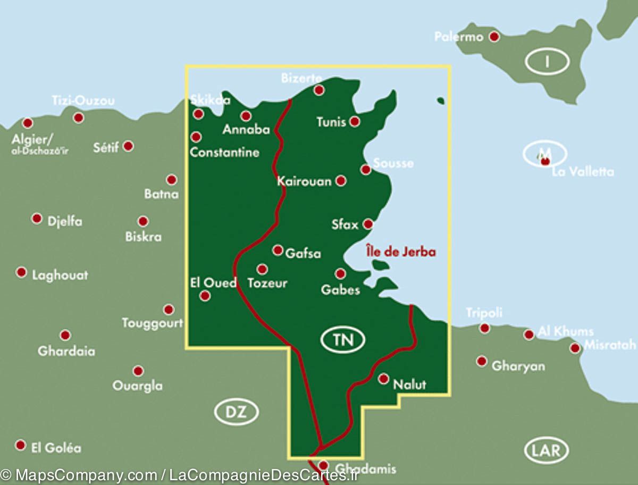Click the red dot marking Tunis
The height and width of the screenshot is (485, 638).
(355, 122)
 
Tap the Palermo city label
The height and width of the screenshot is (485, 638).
(459, 37)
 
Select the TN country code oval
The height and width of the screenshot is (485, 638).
(343, 340)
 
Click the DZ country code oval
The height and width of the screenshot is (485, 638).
(237, 412)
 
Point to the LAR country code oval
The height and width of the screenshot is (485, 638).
(547, 451)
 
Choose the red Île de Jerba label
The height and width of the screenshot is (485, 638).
(401, 251)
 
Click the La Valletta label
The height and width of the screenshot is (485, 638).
(583, 172)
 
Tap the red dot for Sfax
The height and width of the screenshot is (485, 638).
(367, 224)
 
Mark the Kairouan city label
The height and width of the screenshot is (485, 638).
(304, 181)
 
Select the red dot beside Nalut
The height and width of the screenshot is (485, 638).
(383, 379)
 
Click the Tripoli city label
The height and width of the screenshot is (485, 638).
(484, 313)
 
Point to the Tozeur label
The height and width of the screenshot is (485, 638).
(267, 283)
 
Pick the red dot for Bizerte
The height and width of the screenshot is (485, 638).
(319, 90)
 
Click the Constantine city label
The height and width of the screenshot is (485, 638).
(224, 153)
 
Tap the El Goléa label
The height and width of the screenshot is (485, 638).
(56, 448)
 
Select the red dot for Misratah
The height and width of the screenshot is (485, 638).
(575, 348)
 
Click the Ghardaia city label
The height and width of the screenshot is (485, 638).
(66, 351)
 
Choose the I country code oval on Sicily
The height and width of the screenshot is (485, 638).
(547, 62)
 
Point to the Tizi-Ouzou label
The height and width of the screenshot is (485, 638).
(83, 101)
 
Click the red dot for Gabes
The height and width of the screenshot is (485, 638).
(340, 274)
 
